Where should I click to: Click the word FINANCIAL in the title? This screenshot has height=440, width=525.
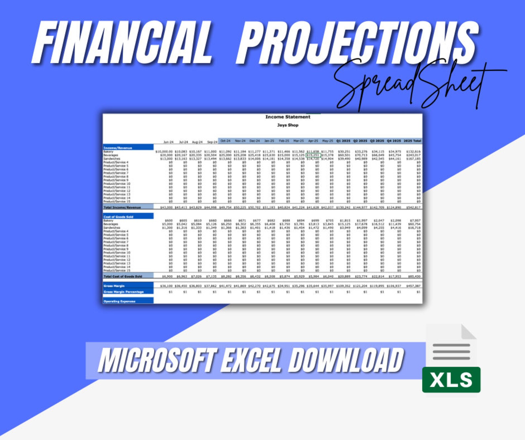122,42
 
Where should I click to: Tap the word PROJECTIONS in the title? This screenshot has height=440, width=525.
357,42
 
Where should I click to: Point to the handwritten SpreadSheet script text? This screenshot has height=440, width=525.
410,84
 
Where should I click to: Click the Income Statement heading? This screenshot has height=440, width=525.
288,117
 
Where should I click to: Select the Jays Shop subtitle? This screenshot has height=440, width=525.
288,125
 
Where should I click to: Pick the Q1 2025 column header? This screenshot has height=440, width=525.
343,141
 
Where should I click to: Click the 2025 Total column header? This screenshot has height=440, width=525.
412,141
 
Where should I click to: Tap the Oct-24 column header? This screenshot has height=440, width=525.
225,141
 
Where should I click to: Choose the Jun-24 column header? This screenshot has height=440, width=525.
168,142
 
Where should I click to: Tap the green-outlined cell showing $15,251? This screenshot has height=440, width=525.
313,155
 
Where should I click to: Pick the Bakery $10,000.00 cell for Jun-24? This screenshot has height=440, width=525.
164,152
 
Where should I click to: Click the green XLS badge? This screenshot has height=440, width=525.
451,380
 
